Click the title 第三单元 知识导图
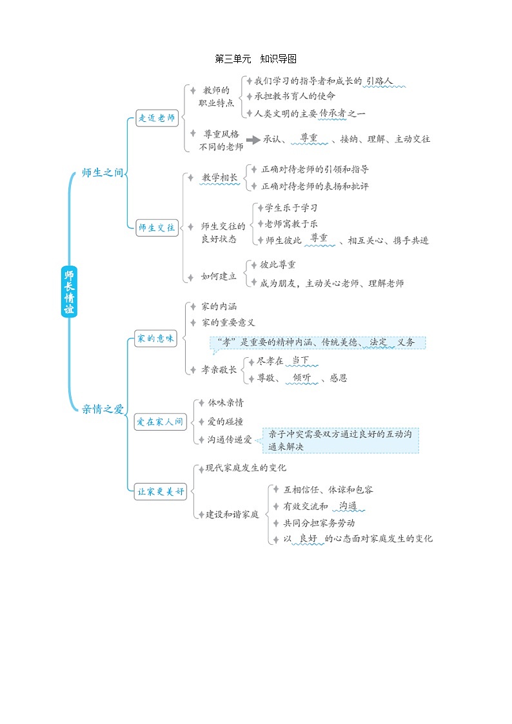(x=255, y=59)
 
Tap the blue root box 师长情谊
(x=69, y=291)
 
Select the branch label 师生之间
(x=102, y=173)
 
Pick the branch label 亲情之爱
(x=103, y=409)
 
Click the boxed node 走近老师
(x=157, y=118)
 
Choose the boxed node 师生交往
(x=157, y=228)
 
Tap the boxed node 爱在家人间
(x=160, y=423)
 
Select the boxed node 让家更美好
(x=160, y=491)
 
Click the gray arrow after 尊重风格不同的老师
(x=252, y=139)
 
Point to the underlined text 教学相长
(x=220, y=177)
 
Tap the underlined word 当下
(x=300, y=360)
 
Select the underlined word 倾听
(x=301, y=378)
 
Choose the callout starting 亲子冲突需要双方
(x=340, y=440)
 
